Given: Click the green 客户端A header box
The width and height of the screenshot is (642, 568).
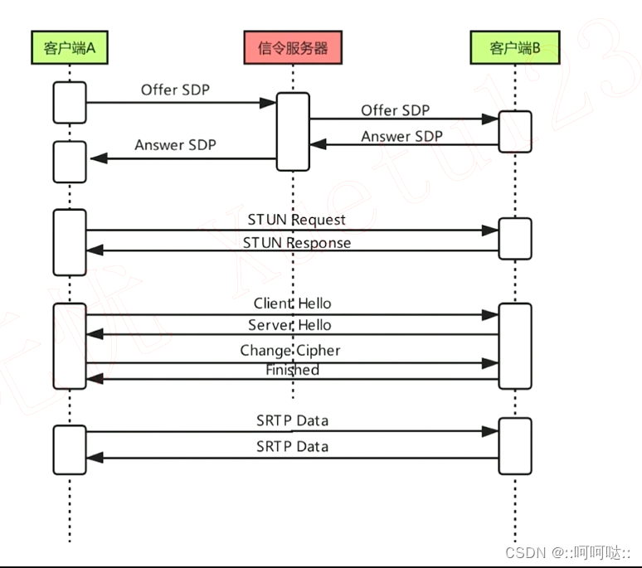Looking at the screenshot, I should (70, 48).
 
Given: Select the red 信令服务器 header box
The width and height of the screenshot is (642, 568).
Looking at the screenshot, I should (292, 48).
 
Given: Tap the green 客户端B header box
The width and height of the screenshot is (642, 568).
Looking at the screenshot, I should (514, 48).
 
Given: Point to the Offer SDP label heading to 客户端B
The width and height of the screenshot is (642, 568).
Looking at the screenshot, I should (395, 109).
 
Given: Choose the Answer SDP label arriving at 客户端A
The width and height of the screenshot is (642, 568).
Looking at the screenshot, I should (175, 145).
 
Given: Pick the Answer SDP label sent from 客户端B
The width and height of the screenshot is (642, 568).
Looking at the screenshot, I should (401, 136).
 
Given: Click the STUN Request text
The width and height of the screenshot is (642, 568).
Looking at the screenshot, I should (296, 220).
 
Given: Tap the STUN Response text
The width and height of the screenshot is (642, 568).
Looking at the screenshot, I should (296, 243).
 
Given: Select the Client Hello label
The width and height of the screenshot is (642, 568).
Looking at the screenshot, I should (292, 303).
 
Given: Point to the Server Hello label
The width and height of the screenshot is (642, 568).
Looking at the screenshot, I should (289, 325).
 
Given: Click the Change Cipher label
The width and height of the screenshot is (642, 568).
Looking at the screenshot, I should (290, 351).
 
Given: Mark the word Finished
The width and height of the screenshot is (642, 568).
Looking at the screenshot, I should (292, 370).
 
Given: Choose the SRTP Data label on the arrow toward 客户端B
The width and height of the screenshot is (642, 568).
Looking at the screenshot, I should (292, 420).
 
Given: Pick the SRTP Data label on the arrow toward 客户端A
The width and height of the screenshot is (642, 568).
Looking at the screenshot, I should (292, 446).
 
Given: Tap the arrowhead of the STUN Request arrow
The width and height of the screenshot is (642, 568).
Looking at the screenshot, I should (491, 231).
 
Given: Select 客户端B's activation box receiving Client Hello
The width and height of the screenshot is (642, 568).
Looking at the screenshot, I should (514, 345).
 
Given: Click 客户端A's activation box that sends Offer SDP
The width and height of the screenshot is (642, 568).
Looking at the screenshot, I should (70, 102).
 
